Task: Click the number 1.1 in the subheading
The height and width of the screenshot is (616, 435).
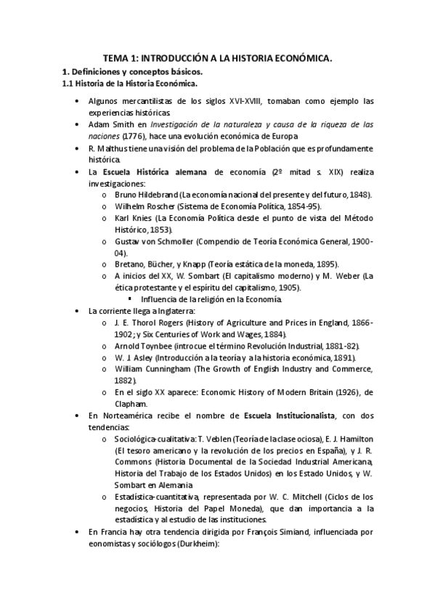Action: pyautogui.click(x=67, y=84)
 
